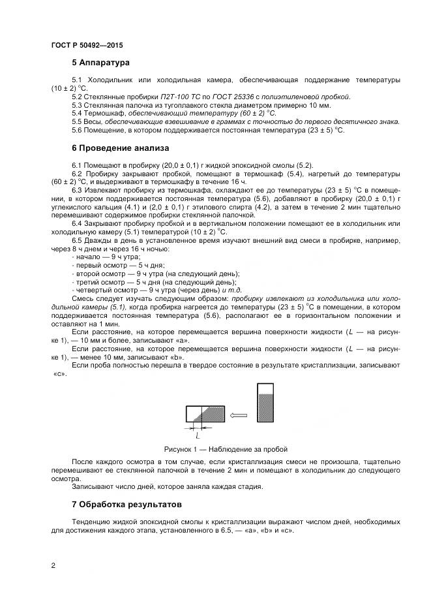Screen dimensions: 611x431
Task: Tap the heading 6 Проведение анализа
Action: point(120,148)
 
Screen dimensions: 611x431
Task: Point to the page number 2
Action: point(53,566)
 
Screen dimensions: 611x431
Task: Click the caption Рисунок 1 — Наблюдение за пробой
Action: point(226,449)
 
